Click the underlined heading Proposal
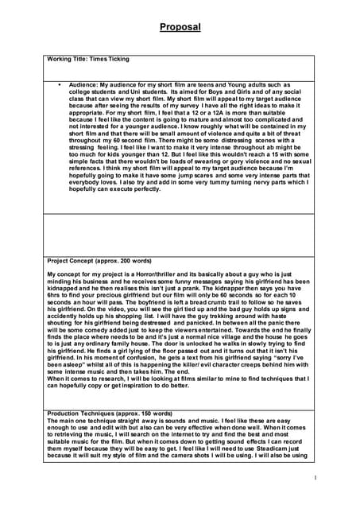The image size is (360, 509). [x=180, y=27]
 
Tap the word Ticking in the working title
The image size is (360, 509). [x=117, y=60]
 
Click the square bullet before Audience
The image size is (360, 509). [x=59, y=84]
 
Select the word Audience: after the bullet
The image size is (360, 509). [x=83, y=84]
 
